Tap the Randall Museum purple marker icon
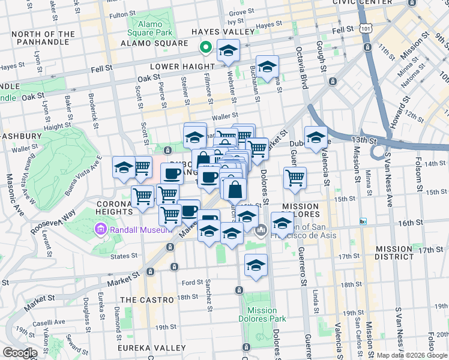(100, 229)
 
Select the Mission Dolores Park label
(261, 315)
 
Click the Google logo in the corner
(20, 353)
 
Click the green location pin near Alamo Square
(205, 46)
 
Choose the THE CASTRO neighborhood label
(148, 299)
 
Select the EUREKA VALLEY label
(153, 348)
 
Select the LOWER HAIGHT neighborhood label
(182, 66)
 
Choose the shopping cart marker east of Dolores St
(295, 178)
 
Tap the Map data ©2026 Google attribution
(411, 355)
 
